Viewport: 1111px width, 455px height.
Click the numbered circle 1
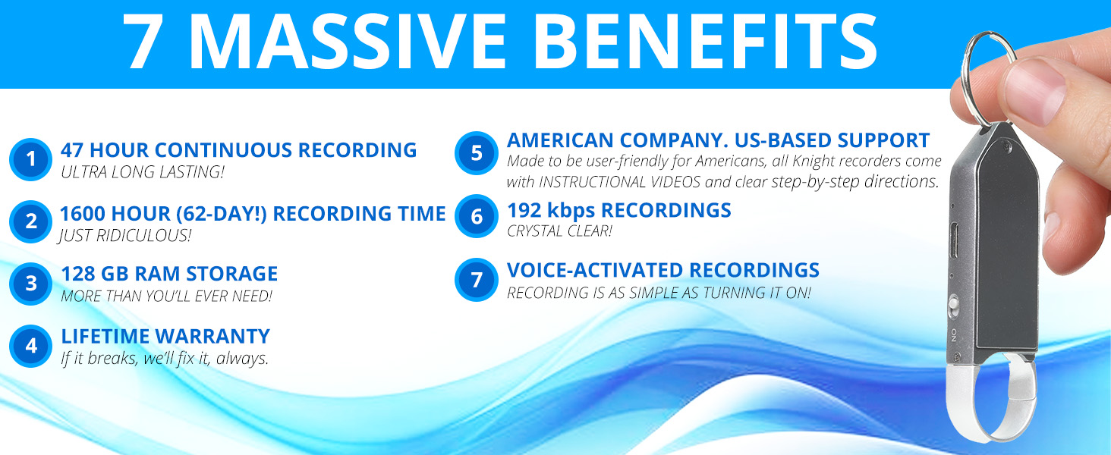click(x=31, y=159)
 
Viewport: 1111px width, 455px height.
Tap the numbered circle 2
click(x=31, y=221)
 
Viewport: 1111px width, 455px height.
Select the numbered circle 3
click(x=31, y=284)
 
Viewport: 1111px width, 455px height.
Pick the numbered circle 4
click(x=31, y=346)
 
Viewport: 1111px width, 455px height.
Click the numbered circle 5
click(x=476, y=153)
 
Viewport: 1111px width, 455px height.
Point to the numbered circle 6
click(x=476, y=216)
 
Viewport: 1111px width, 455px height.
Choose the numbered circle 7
click(x=476, y=280)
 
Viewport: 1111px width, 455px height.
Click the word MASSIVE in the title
click(x=348, y=41)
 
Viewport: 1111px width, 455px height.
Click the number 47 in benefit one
click(x=71, y=150)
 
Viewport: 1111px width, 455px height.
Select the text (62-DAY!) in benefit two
click(x=221, y=214)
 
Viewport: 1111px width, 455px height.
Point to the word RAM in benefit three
click(x=157, y=274)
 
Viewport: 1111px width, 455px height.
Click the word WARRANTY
click(x=212, y=337)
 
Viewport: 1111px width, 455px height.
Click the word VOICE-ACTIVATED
click(x=595, y=270)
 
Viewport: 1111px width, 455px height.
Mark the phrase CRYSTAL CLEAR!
click(x=559, y=231)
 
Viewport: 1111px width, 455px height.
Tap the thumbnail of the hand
click(x=1036, y=93)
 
